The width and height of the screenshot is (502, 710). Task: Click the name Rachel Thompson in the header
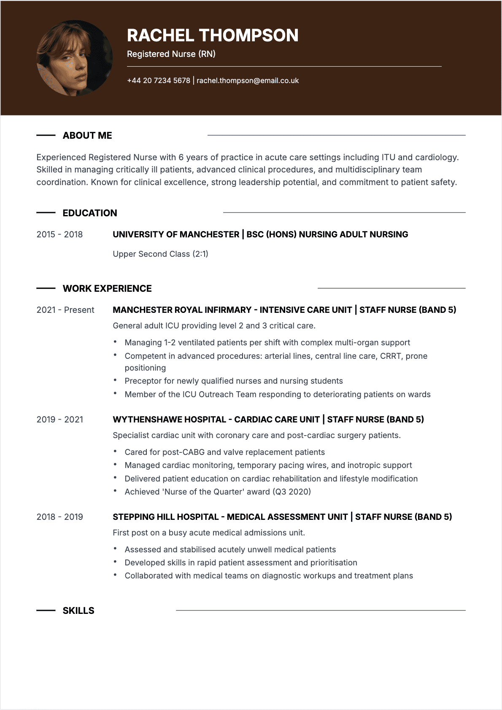click(x=213, y=35)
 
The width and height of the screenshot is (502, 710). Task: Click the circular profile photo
click(x=75, y=58)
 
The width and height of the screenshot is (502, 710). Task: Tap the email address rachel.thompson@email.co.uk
click(x=248, y=81)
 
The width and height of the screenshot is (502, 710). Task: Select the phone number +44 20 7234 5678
click(x=159, y=81)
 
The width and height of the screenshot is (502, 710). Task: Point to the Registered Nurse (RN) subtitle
click(x=171, y=54)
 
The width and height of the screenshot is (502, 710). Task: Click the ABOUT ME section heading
click(x=87, y=135)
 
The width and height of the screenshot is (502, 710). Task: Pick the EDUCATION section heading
click(x=90, y=213)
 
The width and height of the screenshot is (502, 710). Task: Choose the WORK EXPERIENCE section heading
click(x=107, y=288)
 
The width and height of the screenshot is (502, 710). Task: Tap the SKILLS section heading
click(x=78, y=610)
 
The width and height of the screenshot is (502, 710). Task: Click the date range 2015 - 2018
click(x=59, y=234)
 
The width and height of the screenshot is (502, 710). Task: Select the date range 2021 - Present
click(x=65, y=310)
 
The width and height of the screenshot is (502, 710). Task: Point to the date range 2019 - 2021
click(x=59, y=420)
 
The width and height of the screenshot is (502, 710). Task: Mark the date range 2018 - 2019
click(x=59, y=517)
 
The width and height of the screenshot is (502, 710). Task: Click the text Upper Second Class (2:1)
click(x=160, y=254)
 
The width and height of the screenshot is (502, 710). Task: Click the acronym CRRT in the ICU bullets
click(x=390, y=356)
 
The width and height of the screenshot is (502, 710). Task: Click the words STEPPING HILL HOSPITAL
click(x=165, y=517)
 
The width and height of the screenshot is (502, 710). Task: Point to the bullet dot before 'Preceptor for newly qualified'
click(x=115, y=380)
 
